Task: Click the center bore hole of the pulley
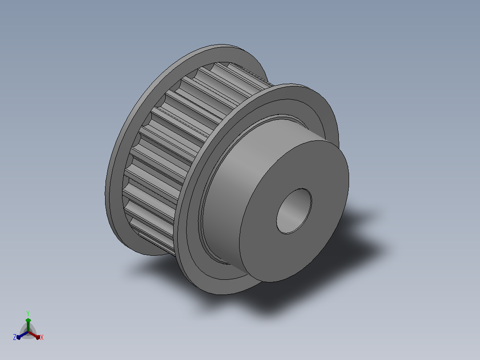[294, 211]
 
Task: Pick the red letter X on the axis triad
[42, 337]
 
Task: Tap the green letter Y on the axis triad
[28, 313]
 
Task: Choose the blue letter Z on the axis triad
[15, 337]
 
